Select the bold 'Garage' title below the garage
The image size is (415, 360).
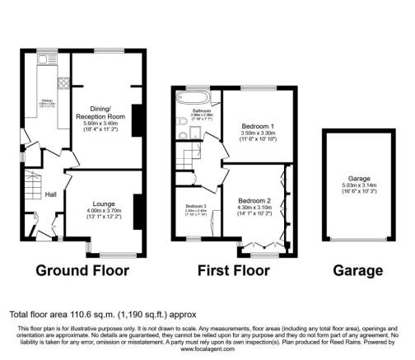click(358, 270)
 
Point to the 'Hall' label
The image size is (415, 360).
click(50, 194)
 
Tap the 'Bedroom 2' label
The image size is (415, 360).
click(255, 200)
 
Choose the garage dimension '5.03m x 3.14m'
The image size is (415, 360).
click(357, 185)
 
